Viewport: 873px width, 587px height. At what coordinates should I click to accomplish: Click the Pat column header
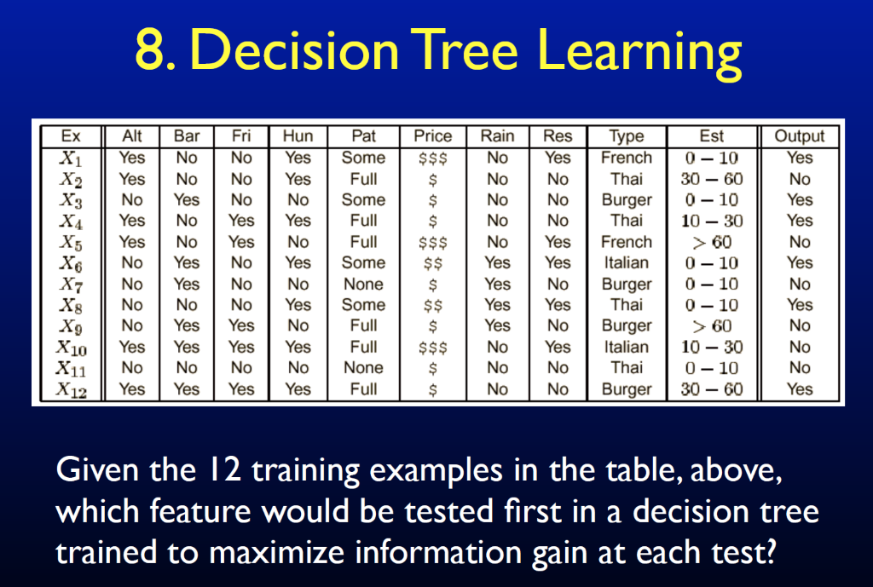(x=363, y=135)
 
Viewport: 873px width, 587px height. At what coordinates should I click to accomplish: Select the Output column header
(x=800, y=136)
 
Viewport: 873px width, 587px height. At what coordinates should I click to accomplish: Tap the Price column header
(x=432, y=135)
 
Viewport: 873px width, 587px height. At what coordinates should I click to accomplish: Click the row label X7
(x=72, y=285)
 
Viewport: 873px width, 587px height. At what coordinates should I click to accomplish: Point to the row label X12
(x=72, y=389)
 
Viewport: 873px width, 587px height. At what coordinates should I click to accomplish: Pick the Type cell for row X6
(x=627, y=262)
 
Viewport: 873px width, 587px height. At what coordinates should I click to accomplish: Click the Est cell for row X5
(x=712, y=243)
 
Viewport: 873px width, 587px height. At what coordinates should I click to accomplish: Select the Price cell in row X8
(x=432, y=306)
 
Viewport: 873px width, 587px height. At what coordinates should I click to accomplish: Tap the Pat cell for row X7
(x=363, y=285)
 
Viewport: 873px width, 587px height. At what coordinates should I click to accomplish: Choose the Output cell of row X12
(x=800, y=389)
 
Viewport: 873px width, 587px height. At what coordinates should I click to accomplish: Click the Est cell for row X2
(x=712, y=179)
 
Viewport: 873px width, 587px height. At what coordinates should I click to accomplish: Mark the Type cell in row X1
(x=627, y=158)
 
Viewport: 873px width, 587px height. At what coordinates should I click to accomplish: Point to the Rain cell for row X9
(x=497, y=325)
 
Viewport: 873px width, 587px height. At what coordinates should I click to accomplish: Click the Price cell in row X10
(x=432, y=348)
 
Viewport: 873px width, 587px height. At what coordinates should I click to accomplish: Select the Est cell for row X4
(x=712, y=222)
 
